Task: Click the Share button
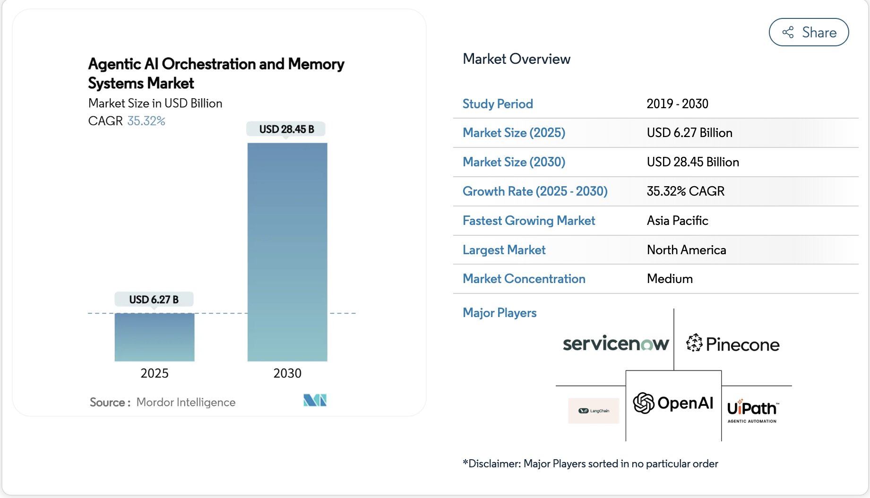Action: (809, 32)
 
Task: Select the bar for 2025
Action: (155, 337)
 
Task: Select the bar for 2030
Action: (287, 252)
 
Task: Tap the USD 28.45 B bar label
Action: (286, 129)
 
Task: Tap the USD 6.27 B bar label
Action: (154, 300)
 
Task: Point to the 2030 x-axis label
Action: (287, 373)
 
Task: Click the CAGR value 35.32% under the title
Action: (146, 121)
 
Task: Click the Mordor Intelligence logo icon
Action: (315, 401)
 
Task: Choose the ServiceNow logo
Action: (615, 343)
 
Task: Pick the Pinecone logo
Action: (733, 344)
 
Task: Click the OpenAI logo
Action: (673, 404)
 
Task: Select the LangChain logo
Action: (594, 411)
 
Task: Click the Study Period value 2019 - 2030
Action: (677, 104)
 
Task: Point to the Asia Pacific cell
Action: (677, 221)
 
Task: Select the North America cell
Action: (686, 250)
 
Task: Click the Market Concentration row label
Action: (524, 279)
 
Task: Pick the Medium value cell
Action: (670, 279)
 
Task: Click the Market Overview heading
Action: (517, 59)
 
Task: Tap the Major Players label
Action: (500, 313)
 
